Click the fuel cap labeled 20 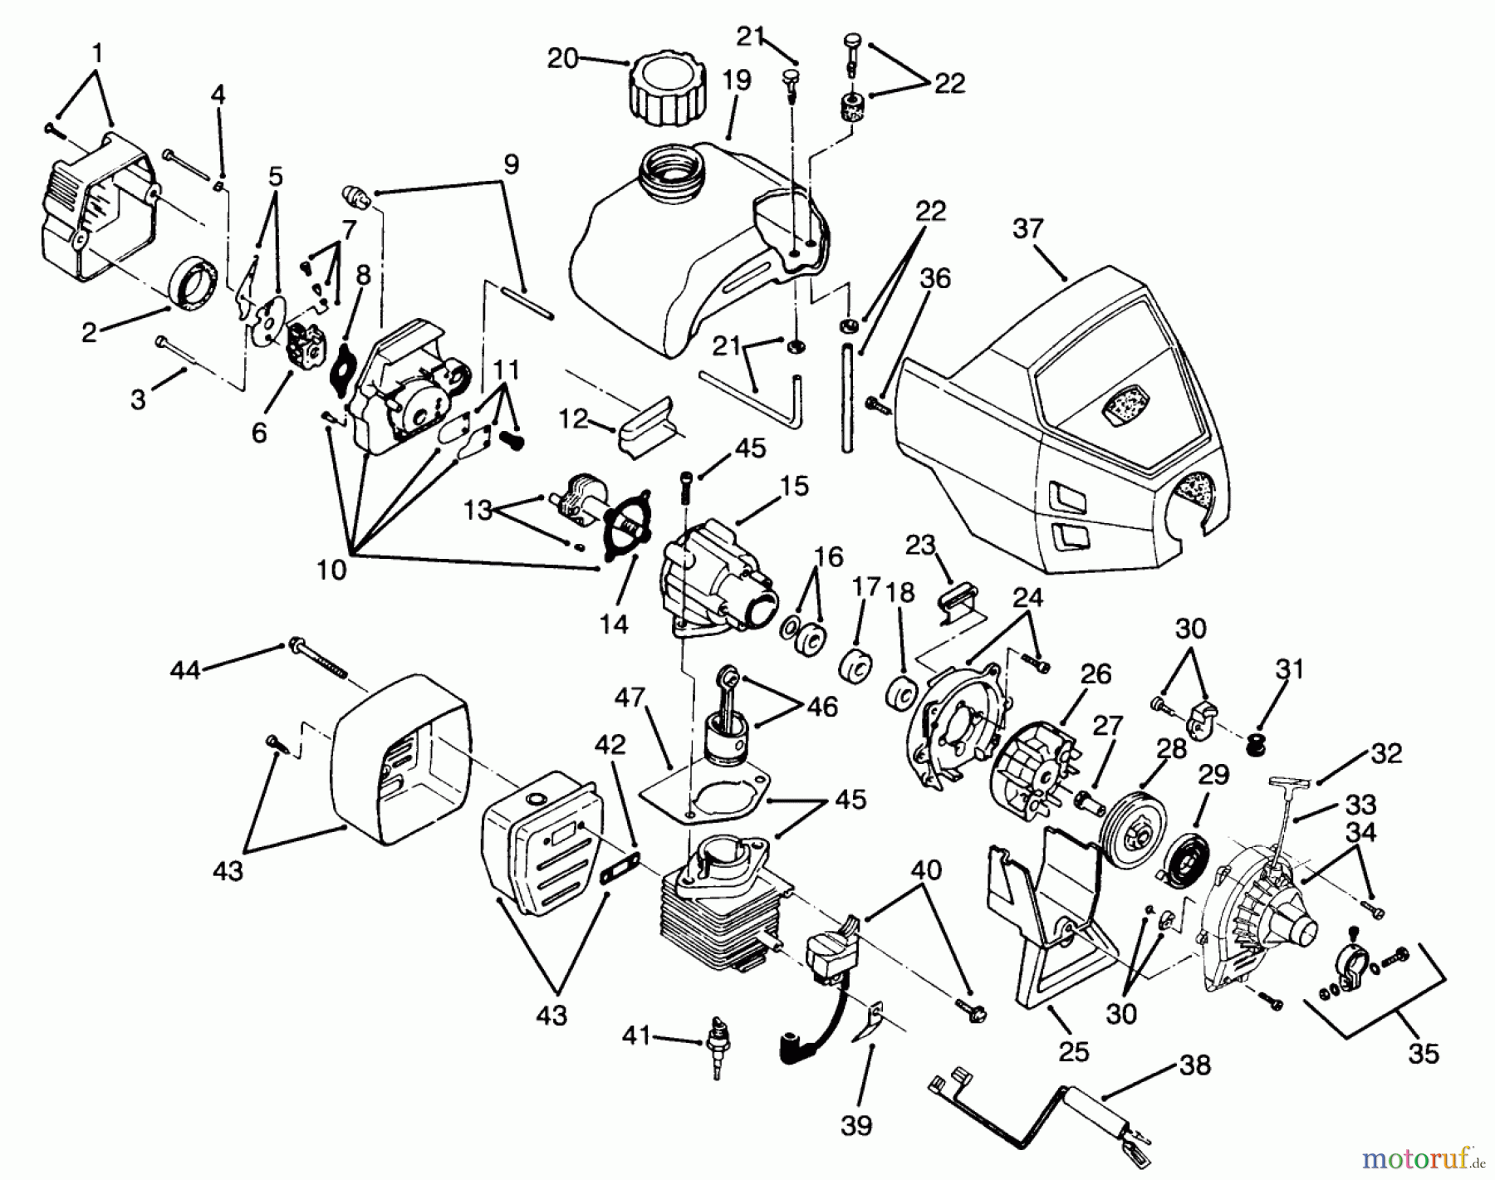click(669, 92)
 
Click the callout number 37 click(1027, 229)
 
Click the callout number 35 click(1423, 1053)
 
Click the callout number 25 click(1073, 1051)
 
